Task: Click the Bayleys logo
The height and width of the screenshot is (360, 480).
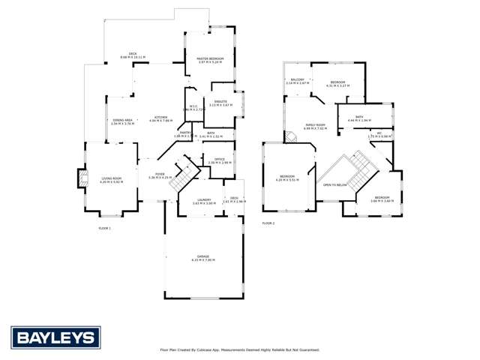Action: tap(53, 337)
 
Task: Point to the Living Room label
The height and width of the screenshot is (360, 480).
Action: tap(111, 179)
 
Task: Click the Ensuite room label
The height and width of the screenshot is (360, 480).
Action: tap(218, 103)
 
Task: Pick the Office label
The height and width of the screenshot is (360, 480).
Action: tap(219, 160)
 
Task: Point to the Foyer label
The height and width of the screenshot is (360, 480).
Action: tap(160, 175)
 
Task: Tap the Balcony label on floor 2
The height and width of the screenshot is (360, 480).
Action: tap(297, 81)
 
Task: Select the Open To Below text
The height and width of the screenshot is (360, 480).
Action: tap(334, 184)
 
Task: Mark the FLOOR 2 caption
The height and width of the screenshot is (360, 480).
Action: tap(268, 223)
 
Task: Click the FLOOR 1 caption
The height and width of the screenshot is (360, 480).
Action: tap(104, 227)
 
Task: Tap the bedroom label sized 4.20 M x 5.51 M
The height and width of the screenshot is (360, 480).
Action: tap(287, 178)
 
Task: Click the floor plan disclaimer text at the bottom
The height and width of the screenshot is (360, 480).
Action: tap(240, 349)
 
